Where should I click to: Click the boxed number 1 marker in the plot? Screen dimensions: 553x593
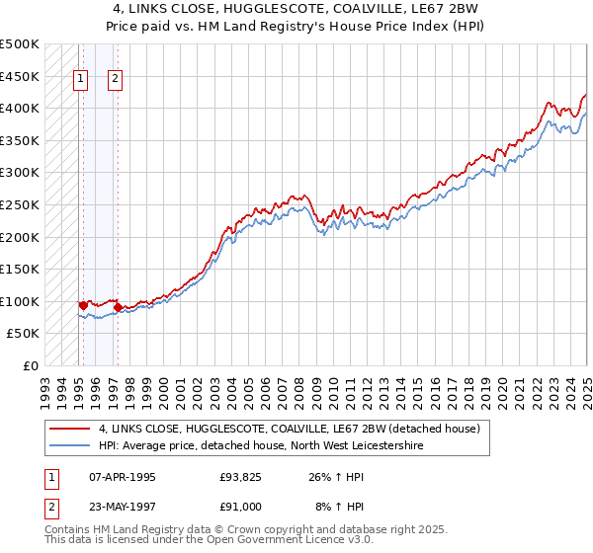[80, 81]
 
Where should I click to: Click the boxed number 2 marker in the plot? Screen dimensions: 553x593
[116, 81]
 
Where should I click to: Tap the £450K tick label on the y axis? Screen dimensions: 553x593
[20, 76]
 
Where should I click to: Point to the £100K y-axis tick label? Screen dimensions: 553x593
[20, 301]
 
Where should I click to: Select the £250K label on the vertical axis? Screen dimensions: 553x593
[20, 204]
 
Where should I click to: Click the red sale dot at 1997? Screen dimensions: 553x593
[119, 307]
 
